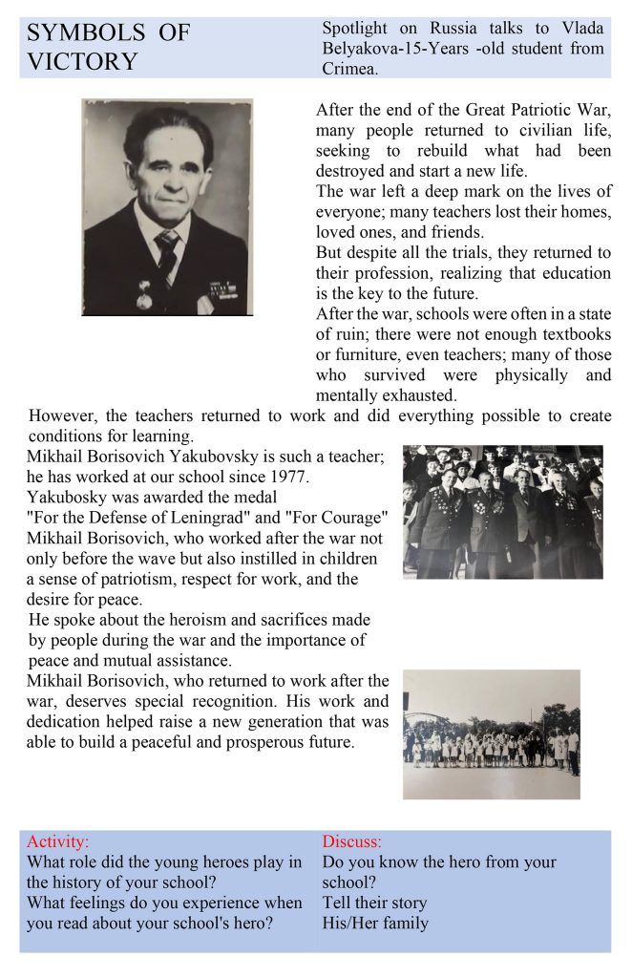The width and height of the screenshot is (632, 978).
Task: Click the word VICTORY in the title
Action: [82, 62]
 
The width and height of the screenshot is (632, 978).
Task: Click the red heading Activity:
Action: [57, 841]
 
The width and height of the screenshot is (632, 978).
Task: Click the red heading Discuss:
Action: [351, 841]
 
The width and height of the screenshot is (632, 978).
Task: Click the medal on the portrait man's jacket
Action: [144, 297]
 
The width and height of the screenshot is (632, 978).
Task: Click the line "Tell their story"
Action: [374, 903]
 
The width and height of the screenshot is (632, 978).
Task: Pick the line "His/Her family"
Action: [375, 923]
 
